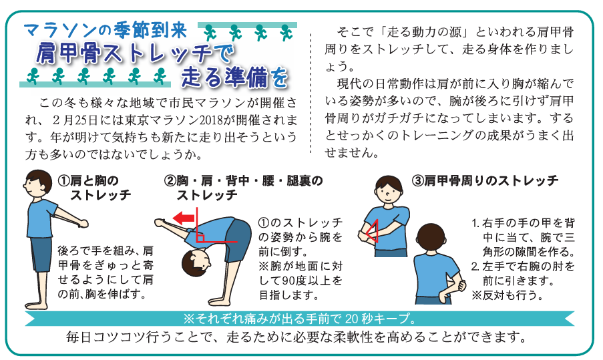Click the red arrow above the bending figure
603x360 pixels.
[184, 218]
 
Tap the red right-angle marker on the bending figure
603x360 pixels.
[200, 237]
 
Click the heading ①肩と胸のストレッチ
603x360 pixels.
[94, 188]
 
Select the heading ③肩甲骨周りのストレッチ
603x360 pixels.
[485, 180]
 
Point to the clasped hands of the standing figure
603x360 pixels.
[82, 223]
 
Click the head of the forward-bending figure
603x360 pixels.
[196, 262]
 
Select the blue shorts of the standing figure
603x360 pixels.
[40, 254]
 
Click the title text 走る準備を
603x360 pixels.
[234, 77]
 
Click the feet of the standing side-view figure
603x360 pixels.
[37, 305]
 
